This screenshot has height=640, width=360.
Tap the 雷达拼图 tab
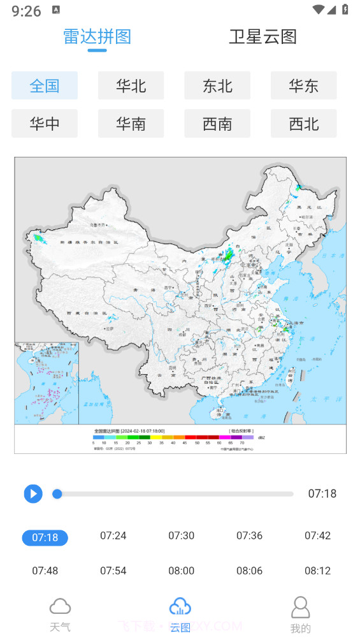(x=97, y=37)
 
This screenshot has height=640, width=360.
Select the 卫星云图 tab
(x=263, y=37)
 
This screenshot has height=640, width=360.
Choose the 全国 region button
(x=45, y=85)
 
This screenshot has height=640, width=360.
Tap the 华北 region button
(x=131, y=85)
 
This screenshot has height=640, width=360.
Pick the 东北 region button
(x=217, y=85)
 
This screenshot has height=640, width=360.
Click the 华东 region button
(x=303, y=85)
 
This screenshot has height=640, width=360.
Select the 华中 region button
(x=45, y=123)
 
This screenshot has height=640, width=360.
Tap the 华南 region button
(x=131, y=123)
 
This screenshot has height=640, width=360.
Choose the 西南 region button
(x=217, y=123)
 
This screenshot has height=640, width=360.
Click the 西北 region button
(x=303, y=123)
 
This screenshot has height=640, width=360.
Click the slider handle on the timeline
(x=57, y=493)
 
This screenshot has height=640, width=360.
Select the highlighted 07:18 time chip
(x=45, y=537)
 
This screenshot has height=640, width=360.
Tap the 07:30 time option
(x=181, y=535)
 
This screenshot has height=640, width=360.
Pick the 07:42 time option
(x=317, y=535)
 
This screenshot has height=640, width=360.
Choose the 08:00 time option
(x=181, y=571)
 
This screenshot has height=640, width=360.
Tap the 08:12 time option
(x=317, y=571)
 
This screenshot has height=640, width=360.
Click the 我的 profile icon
(x=300, y=607)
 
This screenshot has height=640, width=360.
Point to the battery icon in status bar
(x=345, y=10)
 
